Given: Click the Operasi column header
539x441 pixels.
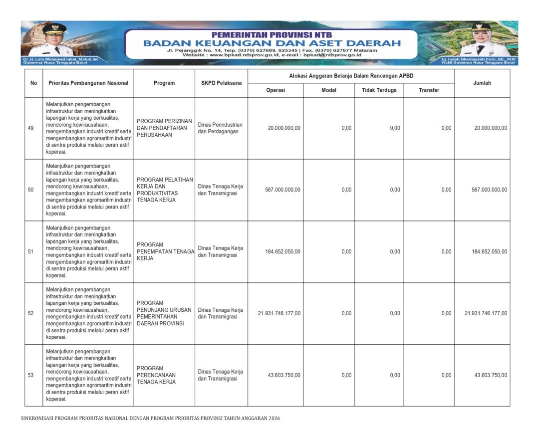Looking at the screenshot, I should click(275, 90).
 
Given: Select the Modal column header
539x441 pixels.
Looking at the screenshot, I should click(329, 90).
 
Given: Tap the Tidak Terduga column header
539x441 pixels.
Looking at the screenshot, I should click(379, 90).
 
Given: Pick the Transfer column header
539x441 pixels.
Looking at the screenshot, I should click(429, 90).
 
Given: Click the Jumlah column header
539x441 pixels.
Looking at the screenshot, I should click(482, 83).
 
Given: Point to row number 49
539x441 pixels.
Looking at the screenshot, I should click(31, 128).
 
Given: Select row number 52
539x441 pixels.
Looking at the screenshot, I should click(31, 314).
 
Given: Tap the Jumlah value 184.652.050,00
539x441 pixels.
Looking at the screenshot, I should click(489, 252).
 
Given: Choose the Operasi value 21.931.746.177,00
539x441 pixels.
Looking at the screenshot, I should click(279, 314).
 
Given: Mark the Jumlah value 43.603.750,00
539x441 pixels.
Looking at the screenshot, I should click(491, 375).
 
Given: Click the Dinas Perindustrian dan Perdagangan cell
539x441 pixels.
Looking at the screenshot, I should click(220, 128).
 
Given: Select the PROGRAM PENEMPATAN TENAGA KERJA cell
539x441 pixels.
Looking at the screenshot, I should click(165, 251).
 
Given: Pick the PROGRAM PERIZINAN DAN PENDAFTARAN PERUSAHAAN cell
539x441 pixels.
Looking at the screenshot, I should click(164, 128).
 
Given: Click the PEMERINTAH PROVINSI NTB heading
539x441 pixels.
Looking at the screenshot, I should click(271, 35).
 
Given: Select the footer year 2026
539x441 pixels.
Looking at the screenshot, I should click(274, 418).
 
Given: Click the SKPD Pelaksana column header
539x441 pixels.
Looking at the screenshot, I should click(221, 83).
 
